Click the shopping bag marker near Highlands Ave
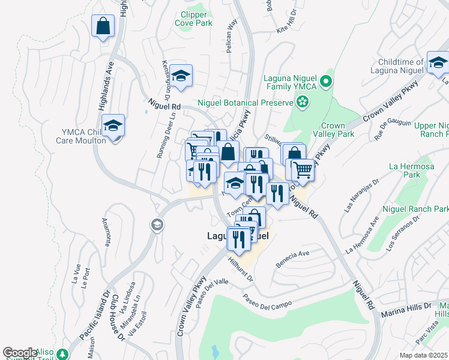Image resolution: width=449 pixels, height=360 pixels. [103, 26]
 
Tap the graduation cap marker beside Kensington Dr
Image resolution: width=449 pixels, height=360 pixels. [181, 76]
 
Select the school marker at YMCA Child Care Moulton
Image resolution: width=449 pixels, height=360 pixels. [112, 125]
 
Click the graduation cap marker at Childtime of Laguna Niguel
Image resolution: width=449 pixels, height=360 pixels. [438, 62]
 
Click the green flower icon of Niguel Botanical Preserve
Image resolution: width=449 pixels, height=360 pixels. [304, 102]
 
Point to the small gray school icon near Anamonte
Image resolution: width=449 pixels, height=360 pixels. [157, 225]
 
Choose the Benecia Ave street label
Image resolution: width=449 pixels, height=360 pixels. [292, 259]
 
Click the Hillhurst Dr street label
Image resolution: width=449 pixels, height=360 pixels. [241, 268]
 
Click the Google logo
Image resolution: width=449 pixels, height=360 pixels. [20, 352]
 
